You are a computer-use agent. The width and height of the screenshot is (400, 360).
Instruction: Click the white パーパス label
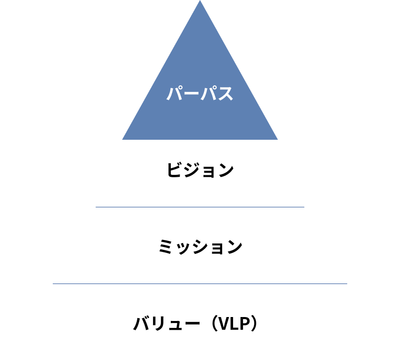coord(200,93)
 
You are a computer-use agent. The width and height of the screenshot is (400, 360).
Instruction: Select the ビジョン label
coord(200,170)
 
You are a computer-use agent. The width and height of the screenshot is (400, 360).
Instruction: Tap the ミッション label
coord(200,246)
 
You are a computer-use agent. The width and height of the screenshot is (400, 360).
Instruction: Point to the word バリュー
coord(166,324)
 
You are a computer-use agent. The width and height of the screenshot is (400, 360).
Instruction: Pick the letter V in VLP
coord(223,324)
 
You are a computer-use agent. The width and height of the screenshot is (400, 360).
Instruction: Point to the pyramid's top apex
coord(200,1)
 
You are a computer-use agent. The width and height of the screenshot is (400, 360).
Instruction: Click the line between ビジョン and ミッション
coord(200,207)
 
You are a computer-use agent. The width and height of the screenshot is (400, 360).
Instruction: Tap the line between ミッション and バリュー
coord(200,284)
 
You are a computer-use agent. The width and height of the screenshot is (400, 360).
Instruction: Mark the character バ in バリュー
coord(142,324)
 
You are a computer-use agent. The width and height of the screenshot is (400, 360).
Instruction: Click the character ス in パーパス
coord(225,93)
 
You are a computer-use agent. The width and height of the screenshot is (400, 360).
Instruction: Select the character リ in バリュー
coord(158,324)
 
